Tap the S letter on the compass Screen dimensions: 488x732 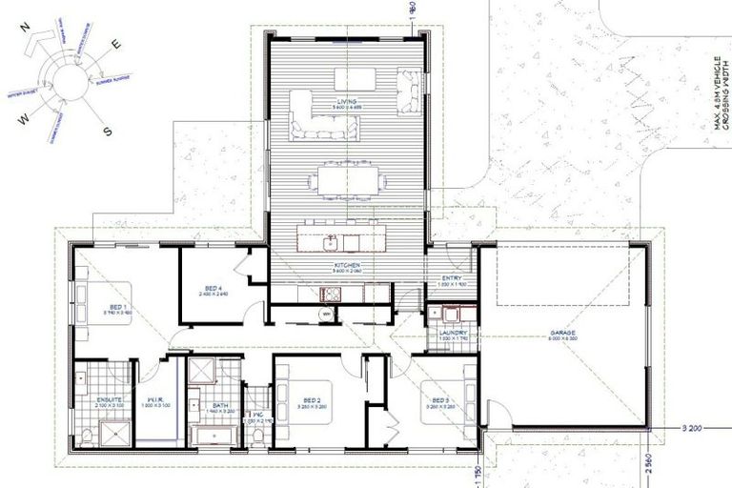click(x=108, y=132)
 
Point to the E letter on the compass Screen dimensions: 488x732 click(x=117, y=44)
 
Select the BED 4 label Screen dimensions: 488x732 click(x=213, y=289)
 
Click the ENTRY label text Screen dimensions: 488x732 click(x=451, y=278)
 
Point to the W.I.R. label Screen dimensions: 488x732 click(x=157, y=400)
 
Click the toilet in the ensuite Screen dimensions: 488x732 click(x=86, y=436)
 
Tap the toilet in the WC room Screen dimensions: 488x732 click(x=257, y=436)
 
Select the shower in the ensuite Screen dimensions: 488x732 click(x=117, y=435)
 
